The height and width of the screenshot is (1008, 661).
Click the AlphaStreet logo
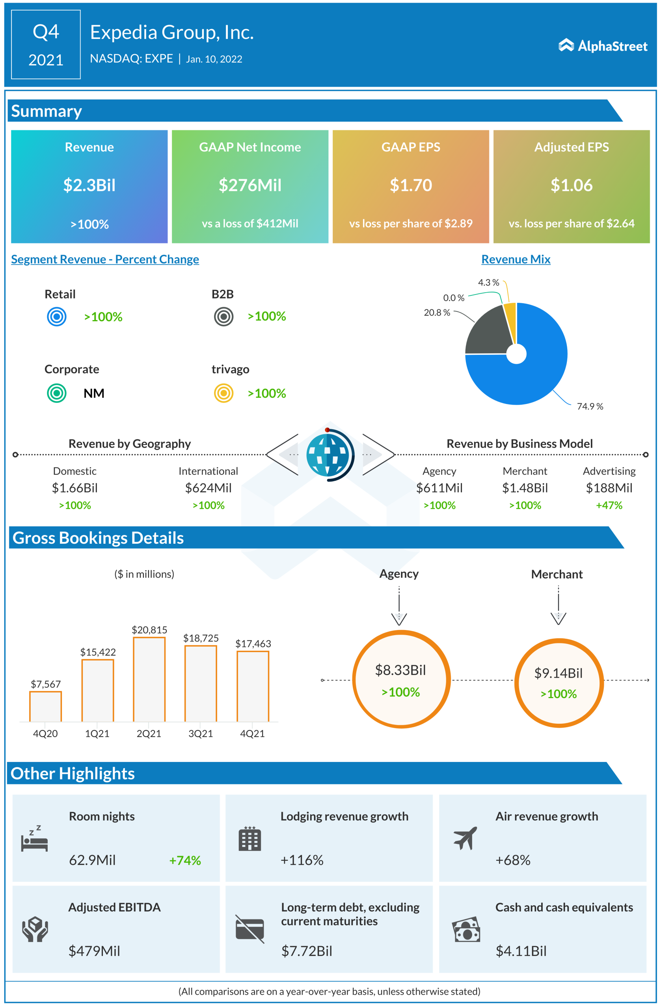603,46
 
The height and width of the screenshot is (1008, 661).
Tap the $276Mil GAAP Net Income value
250,185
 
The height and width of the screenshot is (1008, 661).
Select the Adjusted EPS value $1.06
571,185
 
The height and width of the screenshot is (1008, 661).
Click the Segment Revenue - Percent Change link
105,259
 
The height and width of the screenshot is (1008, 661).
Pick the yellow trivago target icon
223,393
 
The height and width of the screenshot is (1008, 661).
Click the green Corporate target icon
56,393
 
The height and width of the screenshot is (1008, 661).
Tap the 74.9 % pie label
590,406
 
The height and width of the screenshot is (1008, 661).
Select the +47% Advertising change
609,505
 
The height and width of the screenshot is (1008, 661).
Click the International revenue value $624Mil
208,488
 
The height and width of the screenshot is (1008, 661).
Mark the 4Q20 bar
45,706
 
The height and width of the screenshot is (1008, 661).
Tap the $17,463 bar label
253,644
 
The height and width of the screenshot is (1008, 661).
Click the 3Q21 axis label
201,734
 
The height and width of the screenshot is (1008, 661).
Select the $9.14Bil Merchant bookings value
559,673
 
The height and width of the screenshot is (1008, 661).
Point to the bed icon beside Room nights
34,839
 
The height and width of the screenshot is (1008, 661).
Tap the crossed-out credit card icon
250,929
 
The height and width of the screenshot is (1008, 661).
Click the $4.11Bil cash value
521,951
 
